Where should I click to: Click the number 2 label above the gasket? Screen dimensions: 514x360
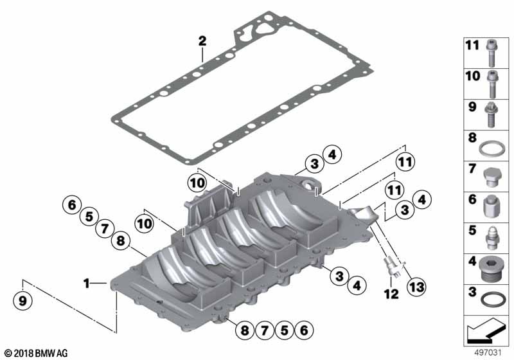coord(202,41)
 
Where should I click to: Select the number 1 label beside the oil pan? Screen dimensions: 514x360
coord(87,283)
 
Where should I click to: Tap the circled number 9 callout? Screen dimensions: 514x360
coord(22,300)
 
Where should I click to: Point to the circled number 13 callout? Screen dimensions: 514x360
coord(416,287)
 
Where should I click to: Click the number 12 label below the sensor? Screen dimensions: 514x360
coord(391,294)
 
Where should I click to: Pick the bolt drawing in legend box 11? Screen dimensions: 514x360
coord(491,53)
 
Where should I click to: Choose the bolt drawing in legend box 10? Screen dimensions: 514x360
coord(492,84)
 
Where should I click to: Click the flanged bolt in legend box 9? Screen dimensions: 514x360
coord(491,114)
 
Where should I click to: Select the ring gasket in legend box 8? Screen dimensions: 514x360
coord(492,149)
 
